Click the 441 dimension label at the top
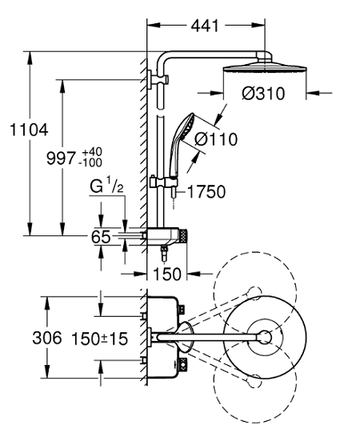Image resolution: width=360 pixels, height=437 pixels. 205,26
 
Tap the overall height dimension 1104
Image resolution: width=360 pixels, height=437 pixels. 29,130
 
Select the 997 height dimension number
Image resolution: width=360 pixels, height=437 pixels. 61,158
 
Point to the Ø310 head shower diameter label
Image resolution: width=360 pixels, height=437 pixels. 263,94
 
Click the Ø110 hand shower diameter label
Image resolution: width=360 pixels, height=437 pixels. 216,139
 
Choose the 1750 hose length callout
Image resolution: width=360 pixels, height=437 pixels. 206,192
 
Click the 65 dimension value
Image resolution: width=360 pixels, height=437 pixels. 101,237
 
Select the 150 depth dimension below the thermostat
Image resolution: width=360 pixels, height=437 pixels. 167,275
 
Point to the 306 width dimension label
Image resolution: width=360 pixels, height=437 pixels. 46,338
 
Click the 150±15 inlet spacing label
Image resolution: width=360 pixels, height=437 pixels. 99,339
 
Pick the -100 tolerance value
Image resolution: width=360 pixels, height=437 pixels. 90,162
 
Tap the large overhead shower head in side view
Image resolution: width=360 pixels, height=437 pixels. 265,69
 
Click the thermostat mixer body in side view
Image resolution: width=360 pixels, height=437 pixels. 164,237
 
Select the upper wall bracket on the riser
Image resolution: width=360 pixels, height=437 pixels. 158,80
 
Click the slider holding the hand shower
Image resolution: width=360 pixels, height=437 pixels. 163,182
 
